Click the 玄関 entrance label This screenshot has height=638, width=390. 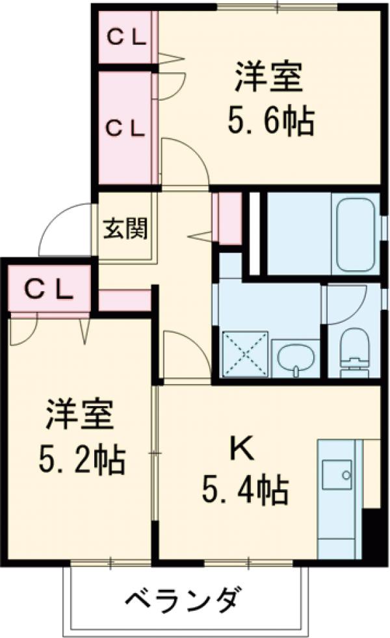point(126,228)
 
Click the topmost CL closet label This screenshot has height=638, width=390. point(125,37)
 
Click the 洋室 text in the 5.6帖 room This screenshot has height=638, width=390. point(268,78)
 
